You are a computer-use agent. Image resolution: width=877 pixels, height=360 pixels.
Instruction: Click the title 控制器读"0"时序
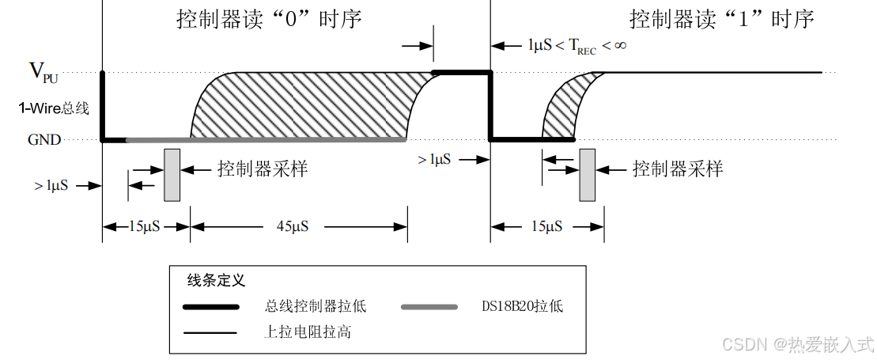click(268, 19)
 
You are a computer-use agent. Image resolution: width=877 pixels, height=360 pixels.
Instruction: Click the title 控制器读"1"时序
click(721, 19)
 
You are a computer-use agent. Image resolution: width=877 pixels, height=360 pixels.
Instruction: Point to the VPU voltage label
click(43, 73)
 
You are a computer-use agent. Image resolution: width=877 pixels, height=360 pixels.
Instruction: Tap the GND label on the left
click(44, 140)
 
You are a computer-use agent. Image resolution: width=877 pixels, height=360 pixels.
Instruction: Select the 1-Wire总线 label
click(54, 108)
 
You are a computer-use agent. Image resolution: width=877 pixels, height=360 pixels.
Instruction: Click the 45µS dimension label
click(292, 226)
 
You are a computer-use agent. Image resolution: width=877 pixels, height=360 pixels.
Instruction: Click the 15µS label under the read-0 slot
click(145, 226)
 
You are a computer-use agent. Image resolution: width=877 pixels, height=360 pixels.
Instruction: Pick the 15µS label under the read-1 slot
click(546, 226)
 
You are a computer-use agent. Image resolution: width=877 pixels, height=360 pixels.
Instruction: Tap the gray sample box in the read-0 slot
click(172, 174)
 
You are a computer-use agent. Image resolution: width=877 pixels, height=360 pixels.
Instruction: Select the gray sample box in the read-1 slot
click(587, 174)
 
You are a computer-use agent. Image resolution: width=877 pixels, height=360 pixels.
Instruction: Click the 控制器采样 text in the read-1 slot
click(677, 169)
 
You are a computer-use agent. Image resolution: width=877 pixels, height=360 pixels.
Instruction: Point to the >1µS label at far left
click(51, 186)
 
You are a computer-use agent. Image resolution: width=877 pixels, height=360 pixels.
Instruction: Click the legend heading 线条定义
click(216, 280)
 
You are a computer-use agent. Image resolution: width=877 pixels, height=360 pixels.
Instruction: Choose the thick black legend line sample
click(210, 306)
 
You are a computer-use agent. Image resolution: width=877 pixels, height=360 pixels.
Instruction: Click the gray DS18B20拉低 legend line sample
click(429, 306)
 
